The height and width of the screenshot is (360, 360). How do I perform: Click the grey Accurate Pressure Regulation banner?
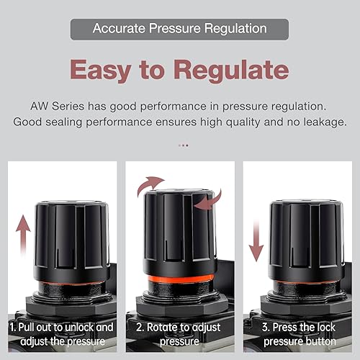click(x=179, y=30)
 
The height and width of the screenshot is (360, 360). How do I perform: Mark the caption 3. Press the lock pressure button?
click(x=299, y=333)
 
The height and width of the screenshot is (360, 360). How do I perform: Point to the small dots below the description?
click(x=183, y=145)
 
